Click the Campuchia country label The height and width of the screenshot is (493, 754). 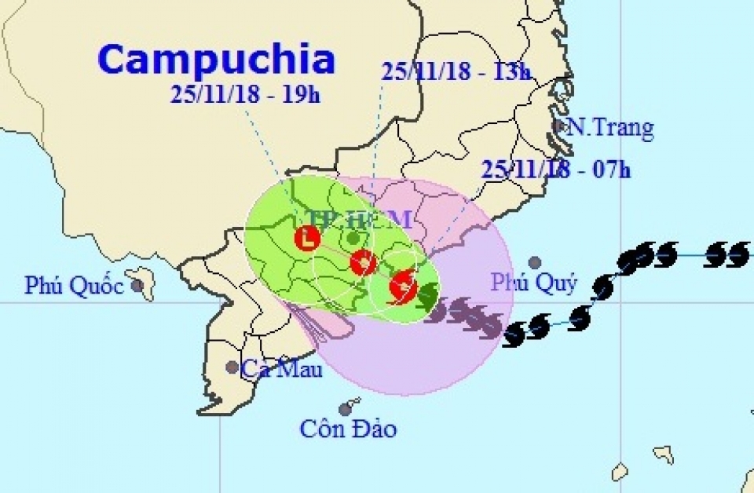click(218, 60)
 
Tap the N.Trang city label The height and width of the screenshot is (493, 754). click(610, 127)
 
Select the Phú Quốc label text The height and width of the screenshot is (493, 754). click(74, 286)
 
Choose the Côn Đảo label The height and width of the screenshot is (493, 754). click(348, 429)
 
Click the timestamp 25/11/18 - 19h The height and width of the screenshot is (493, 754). click(245, 96)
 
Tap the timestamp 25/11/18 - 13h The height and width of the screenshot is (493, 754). click(456, 71)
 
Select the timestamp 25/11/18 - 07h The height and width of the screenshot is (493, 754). click(556, 169)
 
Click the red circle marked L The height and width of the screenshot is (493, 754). click(307, 237)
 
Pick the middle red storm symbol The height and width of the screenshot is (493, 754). click(363, 263)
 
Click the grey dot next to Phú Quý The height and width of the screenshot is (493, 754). click(535, 262)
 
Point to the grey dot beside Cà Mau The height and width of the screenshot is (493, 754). click(232, 367)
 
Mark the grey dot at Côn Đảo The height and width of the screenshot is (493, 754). click(345, 409)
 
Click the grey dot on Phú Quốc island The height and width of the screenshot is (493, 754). click(137, 285)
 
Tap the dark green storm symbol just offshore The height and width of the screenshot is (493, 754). click(428, 296)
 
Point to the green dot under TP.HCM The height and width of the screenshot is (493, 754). click(353, 237)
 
